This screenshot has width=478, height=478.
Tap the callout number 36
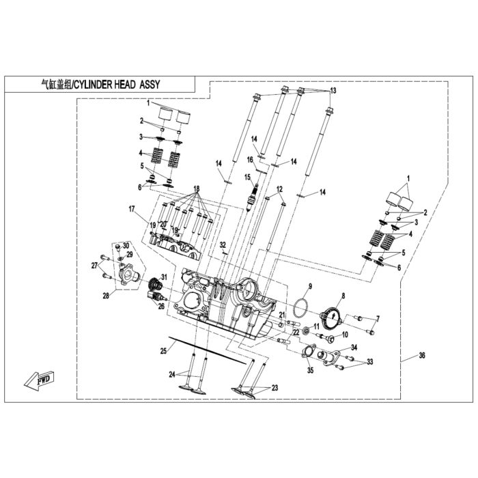click(421, 355)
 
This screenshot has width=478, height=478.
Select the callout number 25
click(163, 352)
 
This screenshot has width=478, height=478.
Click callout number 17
click(131, 209)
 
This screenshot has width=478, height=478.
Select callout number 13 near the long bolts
click(333, 91)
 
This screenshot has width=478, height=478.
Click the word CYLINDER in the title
click(94, 85)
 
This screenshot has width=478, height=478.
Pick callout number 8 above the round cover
click(343, 296)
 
